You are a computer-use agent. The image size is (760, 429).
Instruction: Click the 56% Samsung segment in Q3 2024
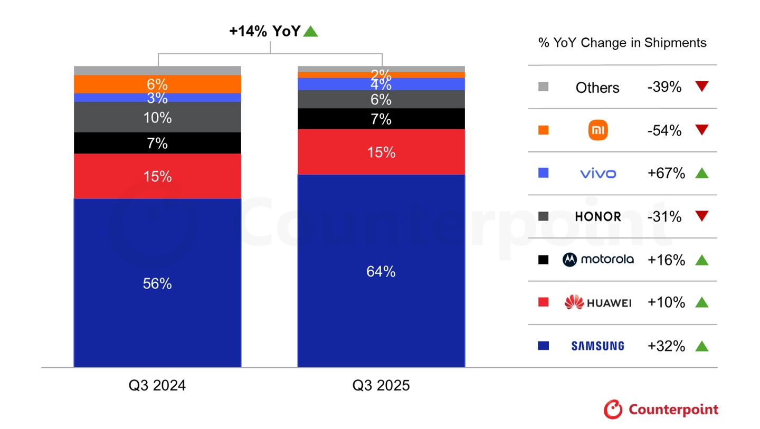point(157,283)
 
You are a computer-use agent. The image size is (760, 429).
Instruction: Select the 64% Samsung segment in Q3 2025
point(381,271)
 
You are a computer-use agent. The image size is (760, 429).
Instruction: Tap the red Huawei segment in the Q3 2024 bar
point(157,176)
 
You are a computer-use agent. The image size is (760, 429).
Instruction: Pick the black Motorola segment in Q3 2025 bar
point(381,119)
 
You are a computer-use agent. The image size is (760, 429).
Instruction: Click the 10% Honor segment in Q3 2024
point(157,117)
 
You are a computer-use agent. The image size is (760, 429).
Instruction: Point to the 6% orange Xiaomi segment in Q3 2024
point(157,84)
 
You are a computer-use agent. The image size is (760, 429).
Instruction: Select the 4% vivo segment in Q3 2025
point(381,84)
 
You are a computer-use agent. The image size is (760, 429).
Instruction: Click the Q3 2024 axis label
point(157,386)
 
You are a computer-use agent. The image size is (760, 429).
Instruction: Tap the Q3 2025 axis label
point(381,386)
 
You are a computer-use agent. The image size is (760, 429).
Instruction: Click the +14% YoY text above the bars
point(264,32)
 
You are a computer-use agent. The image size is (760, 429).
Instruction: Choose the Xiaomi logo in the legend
point(598,130)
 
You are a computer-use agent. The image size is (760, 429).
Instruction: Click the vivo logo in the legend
point(598,174)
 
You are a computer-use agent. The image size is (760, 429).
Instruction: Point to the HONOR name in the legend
point(598,217)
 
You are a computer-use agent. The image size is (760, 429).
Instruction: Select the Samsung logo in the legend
point(597,346)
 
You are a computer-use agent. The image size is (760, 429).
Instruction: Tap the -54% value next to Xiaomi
point(664,130)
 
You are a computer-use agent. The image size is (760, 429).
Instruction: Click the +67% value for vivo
point(666,173)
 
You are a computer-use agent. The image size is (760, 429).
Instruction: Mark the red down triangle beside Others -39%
point(701,87)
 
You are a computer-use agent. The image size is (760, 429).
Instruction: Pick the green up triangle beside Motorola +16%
point(701,260)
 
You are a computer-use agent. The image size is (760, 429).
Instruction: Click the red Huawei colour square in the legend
point(543,302)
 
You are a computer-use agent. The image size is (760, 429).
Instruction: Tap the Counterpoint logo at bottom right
point(661,409)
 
